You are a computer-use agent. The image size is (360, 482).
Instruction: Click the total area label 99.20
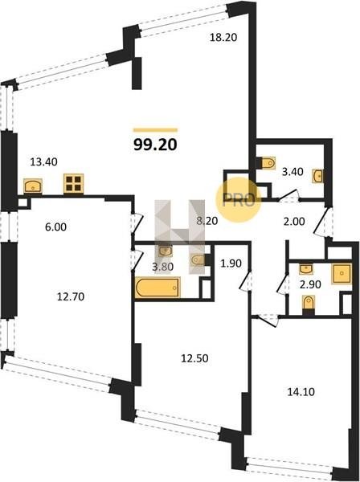155,145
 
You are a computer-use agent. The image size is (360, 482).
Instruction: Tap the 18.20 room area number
223,38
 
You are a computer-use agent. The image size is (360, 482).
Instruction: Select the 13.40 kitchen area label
43,161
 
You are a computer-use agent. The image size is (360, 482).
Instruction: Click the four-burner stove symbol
74,183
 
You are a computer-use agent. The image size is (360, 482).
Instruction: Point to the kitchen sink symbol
33,186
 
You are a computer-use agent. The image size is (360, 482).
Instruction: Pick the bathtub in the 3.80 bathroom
157,288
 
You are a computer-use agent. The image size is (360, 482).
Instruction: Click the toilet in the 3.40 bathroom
268,163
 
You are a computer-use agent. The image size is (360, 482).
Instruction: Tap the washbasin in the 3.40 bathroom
318,176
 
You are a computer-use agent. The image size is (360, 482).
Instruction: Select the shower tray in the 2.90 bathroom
342,273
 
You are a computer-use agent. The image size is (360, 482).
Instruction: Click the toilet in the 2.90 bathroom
309,304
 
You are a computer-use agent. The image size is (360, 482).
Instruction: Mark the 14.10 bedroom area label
301,392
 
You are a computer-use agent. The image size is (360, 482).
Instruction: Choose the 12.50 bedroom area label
194,358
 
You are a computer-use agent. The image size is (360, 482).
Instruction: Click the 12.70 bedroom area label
71,296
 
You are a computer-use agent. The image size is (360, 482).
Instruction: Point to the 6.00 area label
55,227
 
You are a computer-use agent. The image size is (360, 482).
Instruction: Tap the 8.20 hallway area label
207,221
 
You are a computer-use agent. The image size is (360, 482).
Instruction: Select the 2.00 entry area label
294,222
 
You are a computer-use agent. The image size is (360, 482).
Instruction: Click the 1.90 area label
231,263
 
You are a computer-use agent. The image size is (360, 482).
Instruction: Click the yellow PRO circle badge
239,200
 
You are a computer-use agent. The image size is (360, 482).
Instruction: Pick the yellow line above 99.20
155,130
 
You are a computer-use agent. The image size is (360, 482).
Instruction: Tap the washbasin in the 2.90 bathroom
306,269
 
